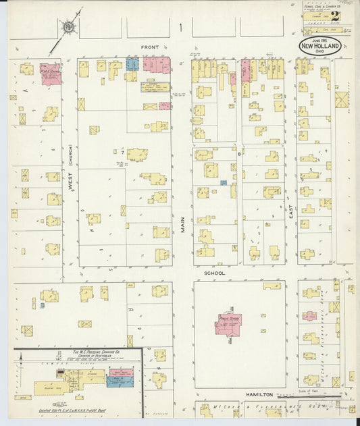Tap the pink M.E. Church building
51,75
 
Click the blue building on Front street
133,65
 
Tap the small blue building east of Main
223,182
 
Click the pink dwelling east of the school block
309,315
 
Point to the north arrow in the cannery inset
20,356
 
